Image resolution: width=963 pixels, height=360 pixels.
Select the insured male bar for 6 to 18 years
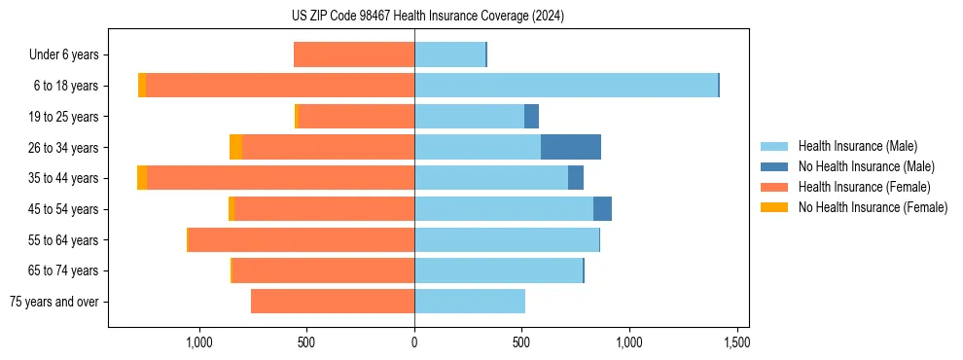pyautogui.click(x=566, y=86)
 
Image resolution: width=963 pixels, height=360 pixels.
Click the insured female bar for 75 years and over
pyautogui.click(x=333, y=302)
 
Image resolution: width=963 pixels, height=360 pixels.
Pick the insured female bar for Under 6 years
pyautogui.click(x=354, y=54)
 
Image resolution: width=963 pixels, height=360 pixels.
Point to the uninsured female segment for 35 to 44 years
pyautogui.click(x=142, y=178)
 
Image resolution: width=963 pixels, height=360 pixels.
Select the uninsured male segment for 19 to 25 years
pyautogui.click(x=531, y=117)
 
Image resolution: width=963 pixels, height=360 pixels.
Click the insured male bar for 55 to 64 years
pyautogui.click(x=507, y=239)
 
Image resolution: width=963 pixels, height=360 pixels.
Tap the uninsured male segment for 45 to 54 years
pyautogui.click(x=602, y=209)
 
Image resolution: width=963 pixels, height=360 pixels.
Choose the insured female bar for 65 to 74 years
pyautogui.click(x=324, y=270)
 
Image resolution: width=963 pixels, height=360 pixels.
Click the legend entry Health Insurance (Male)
pyautogui.click(x=857, y=146)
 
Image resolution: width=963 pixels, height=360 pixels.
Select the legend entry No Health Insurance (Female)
pyautogui.click(x=873, y=207)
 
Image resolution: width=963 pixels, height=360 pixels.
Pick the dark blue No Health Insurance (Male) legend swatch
pyautogui.click(x=774, y=166)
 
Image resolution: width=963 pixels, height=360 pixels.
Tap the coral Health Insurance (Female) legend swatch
pyautogui.click(x=774, y=187)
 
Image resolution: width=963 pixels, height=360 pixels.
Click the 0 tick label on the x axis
pyautogui.click(x=414, y=342)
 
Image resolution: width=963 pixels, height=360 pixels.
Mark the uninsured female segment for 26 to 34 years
pyautogui.click(x=235, y=147)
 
